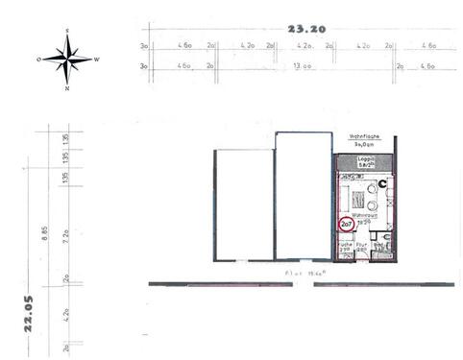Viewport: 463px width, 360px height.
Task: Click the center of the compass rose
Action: (x=67, y=60)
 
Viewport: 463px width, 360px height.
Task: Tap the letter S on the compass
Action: (x=67, y=31)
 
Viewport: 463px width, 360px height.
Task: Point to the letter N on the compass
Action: (x=67, y=88)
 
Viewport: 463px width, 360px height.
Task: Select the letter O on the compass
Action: (x=38, y=60)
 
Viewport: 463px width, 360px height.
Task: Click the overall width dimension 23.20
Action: (x=313, y=30)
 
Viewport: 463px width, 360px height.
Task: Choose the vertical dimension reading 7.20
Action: (x=65, y=233)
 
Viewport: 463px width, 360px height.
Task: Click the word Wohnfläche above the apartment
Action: (x=365, y=137)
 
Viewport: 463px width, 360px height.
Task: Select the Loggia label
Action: (x=365, y=159)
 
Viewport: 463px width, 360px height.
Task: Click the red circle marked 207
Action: (x=347, y=225)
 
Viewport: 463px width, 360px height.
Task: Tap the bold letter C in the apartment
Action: (x=383, y=183)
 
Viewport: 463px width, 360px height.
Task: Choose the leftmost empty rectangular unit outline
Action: (x=244, y=204)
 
